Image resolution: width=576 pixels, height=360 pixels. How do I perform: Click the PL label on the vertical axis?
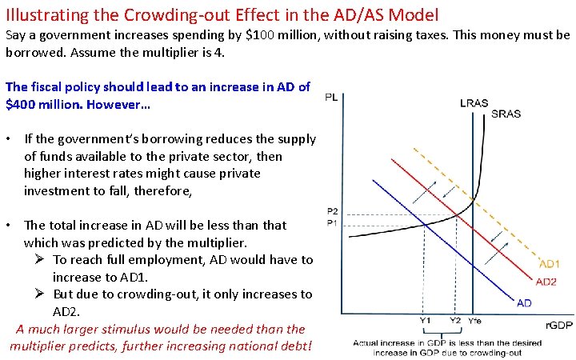click(331, 98)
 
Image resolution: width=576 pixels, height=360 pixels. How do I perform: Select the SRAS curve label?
click(506, 114)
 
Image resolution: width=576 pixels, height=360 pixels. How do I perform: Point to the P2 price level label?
click(333, 211)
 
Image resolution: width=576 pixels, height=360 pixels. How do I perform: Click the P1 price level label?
click(333, 222)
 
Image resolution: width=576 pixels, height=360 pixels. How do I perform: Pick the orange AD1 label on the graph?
click(550, 264)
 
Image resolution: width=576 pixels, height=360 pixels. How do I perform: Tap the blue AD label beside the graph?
click(524, 302)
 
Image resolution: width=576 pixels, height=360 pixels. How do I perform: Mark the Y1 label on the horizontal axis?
click(426, 320)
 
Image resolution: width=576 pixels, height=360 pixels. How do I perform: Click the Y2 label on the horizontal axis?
click(455, 320)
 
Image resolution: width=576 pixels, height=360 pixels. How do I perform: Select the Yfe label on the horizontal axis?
click(475, 320)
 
